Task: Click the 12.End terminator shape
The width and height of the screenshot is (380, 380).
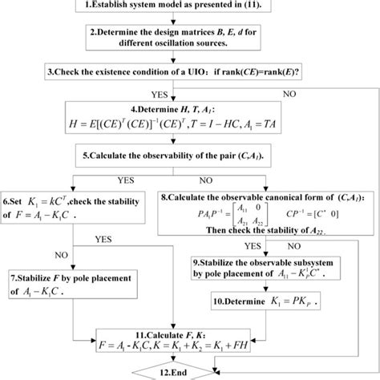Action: coord(189,372)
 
